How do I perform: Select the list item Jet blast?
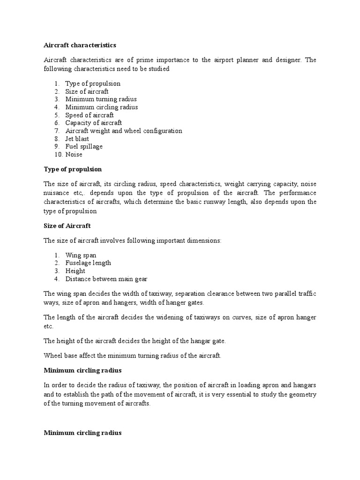77,139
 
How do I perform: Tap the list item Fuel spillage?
84,146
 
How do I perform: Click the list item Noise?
74,154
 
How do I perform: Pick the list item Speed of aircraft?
89,115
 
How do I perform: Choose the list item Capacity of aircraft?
93,123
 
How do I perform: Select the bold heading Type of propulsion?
73,169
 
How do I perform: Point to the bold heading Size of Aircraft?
67,225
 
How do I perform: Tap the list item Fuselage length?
88,263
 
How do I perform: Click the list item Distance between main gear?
106,279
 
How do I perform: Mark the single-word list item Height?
75,271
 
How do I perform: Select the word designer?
284,60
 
